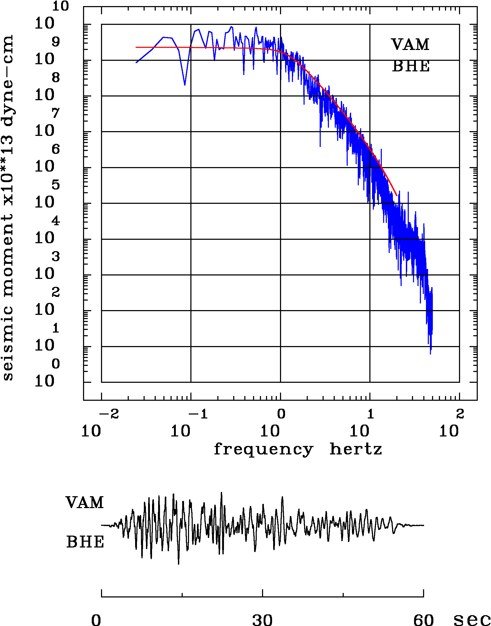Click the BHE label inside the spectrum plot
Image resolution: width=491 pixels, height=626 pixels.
pos(411,66)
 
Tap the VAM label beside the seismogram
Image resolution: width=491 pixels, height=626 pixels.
pos(85,503)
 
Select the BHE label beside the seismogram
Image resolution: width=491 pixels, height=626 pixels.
pos(85,542)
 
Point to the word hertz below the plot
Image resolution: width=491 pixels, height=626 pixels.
pos(356,449)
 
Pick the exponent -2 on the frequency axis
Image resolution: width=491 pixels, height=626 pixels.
pos(109,414)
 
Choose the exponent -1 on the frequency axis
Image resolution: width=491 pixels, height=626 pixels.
pos(198,414)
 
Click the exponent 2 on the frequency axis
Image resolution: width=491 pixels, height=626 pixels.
pos(460,414)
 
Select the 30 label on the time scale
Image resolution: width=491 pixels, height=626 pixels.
pos(262,619)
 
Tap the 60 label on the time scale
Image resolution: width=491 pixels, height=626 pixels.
pos(423,619)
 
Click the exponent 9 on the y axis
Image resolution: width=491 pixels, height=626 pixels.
pos(56,42)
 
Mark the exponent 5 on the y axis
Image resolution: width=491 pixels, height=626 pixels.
pos(56,185)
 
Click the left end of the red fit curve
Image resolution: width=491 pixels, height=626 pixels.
pos(136,47)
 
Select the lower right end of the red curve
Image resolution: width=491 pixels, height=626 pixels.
pos(397,195)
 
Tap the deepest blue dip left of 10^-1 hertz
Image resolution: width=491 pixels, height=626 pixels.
pos(185,85)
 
